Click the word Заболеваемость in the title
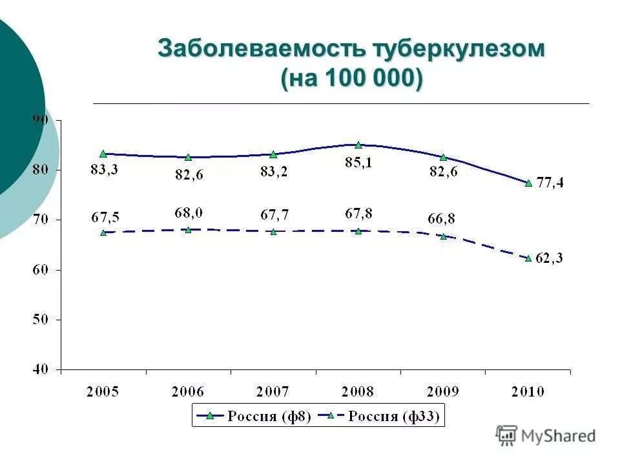click(x=262, y=50)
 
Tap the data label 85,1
click(x=358, y=162)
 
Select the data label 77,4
click(x=550, y=183)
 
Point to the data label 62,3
click(x=550, y=258)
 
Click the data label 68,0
click(x=188, y=212)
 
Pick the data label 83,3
click(x=104, y=170)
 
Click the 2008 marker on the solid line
click(x=358, y=145)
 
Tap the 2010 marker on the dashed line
click(x=528, y=258)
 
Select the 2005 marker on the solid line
click(x=103, y=154)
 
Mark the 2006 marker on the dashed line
click(x=188, y=229)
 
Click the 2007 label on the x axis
click(x=273, y=391)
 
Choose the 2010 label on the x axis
click(x=528, y=391)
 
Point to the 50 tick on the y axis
click(x=41, y=320)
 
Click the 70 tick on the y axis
click(x=41, y=220)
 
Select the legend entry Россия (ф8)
click(x=255, y=416)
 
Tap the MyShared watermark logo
click(x=546, y=436)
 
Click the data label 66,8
click(x=441, y=219)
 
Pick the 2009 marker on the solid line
click(x=443, y=157)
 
